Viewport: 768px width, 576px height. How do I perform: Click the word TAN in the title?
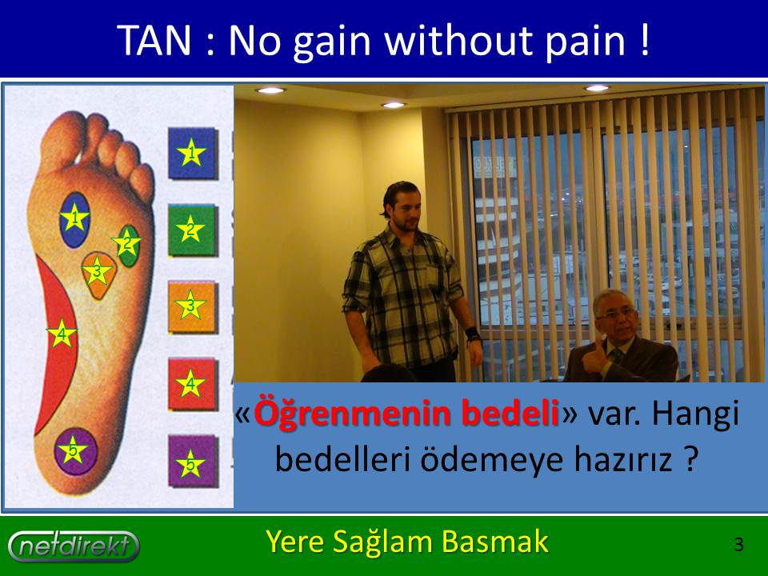(x=154, y=40)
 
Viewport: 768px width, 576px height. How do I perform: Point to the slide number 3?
(x=738, y=545)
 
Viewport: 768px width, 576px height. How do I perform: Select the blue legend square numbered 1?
(x=193, y=153)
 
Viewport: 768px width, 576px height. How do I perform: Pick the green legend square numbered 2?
(x=192, y=230)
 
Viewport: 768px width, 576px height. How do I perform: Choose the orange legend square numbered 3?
(x=192, y=306)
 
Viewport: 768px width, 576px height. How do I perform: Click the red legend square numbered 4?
(x=192, y=384)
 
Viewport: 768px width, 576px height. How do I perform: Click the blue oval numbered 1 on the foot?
(x=74, y=219)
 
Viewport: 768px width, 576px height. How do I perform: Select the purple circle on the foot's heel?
(x=75, y=451)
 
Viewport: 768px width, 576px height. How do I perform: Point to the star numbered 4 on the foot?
(x=62, y=334)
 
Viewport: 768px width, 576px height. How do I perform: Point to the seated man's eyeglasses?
(x=616, y=313)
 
